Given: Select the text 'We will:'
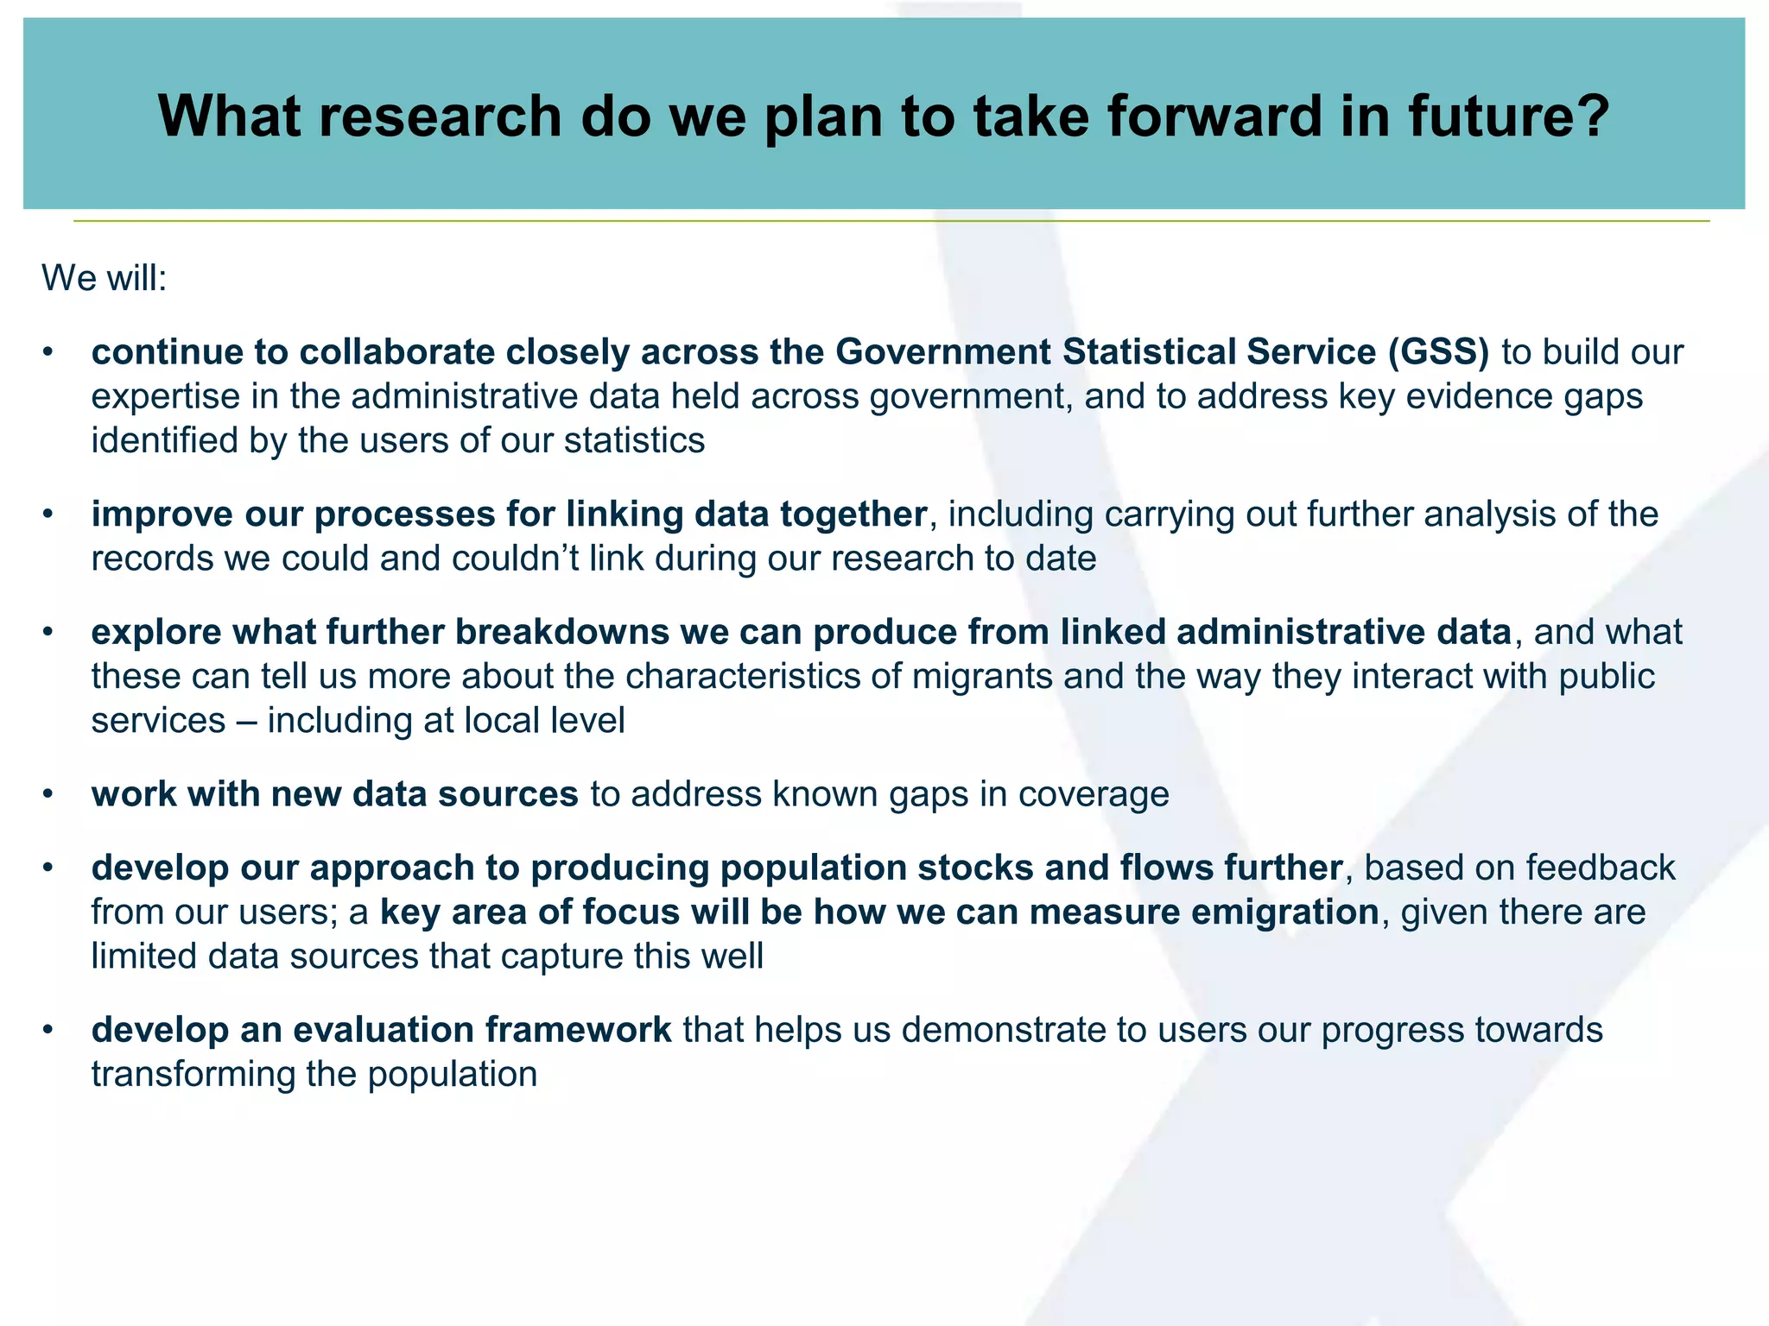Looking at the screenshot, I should pyautogui.click(x=104, y=278).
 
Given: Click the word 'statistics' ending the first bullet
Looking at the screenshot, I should pyautogui.click(x=634, y=440).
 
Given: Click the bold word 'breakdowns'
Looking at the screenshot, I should pyautogui.click(x=561, y=632).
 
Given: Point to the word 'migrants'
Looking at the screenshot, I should pyautogui.click(x=982, y=677).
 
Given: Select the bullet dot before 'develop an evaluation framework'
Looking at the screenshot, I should pyautogui.click(x=49, y=1030).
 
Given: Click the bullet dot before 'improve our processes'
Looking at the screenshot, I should pyautogui.click(x=49, y=515).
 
